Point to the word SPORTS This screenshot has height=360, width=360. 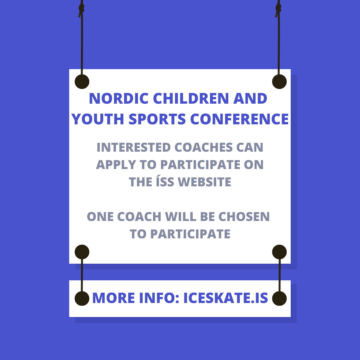[x=157, y=119]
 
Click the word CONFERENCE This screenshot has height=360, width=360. [x=239, y=119]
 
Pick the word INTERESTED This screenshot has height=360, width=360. [x=134, y=147]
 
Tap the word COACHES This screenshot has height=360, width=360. [x=204, y=147]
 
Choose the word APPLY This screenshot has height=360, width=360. [x=116, y=165]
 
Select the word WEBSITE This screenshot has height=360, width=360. [x=204, y=182]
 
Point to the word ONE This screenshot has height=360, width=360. [x=100, y=217]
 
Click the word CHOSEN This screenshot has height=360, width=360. [x=244, y=217]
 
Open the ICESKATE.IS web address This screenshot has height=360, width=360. [x=226, y=298]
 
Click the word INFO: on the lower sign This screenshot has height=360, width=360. [x=159, y=298]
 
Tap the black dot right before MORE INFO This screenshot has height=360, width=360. [x=82, y=298]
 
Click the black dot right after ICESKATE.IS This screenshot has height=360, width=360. [x=279, y=298]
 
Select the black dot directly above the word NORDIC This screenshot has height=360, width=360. [x=82, y=82]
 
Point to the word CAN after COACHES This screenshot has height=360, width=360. [x=250, y=147]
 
